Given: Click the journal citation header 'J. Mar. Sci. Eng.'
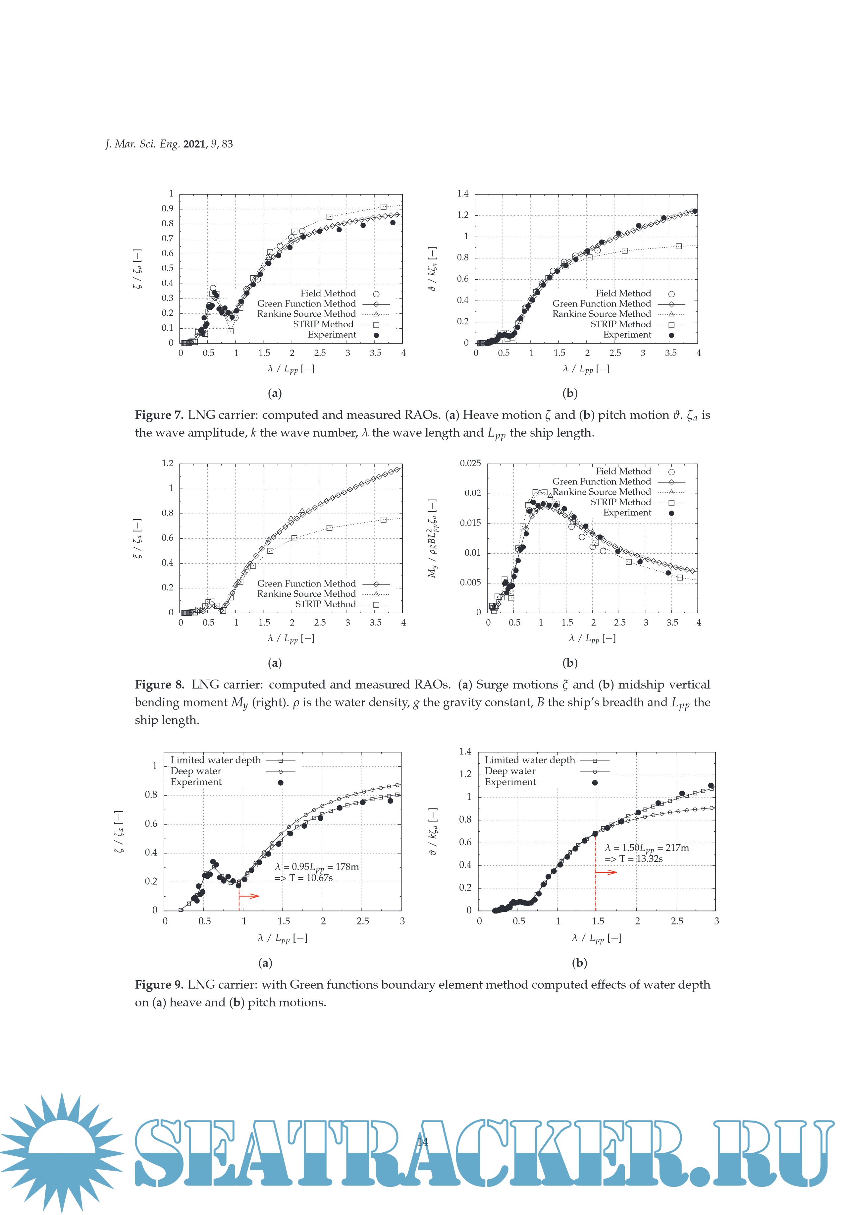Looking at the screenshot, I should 142,144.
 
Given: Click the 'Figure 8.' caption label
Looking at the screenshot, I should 159,685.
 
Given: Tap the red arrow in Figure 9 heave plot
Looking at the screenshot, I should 249,896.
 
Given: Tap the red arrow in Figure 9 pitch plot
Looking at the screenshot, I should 606,872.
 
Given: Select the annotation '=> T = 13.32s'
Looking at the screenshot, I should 633,859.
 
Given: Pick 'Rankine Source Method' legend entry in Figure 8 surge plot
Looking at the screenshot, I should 306,594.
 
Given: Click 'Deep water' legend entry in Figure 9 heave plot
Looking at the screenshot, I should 196,771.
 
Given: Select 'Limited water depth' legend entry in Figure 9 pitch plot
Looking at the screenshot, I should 530,760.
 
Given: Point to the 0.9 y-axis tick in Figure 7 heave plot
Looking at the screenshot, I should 167,208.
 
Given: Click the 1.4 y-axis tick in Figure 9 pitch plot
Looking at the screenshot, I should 465,751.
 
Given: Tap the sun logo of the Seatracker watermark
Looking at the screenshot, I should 62,1151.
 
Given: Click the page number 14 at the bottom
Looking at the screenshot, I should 423,1141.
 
